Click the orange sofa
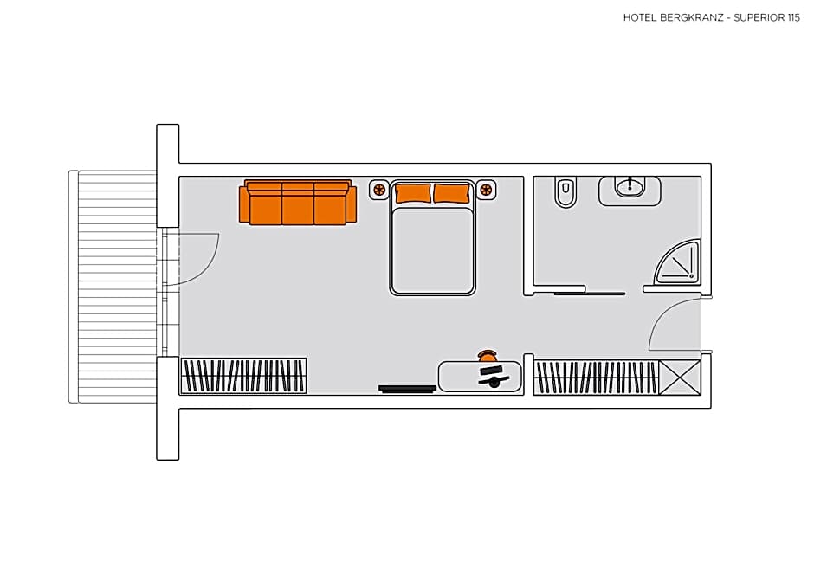(298, 204)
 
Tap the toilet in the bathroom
(565, 192)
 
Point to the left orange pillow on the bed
(413, 193)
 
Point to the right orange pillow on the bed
(451, 193)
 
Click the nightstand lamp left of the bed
(379, 189)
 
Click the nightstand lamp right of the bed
(486, 189)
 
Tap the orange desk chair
(488, 355)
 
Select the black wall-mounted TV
(407, 389)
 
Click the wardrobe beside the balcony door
(243, 376)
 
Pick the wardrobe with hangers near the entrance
(595, 378)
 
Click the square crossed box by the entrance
(679, 378)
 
